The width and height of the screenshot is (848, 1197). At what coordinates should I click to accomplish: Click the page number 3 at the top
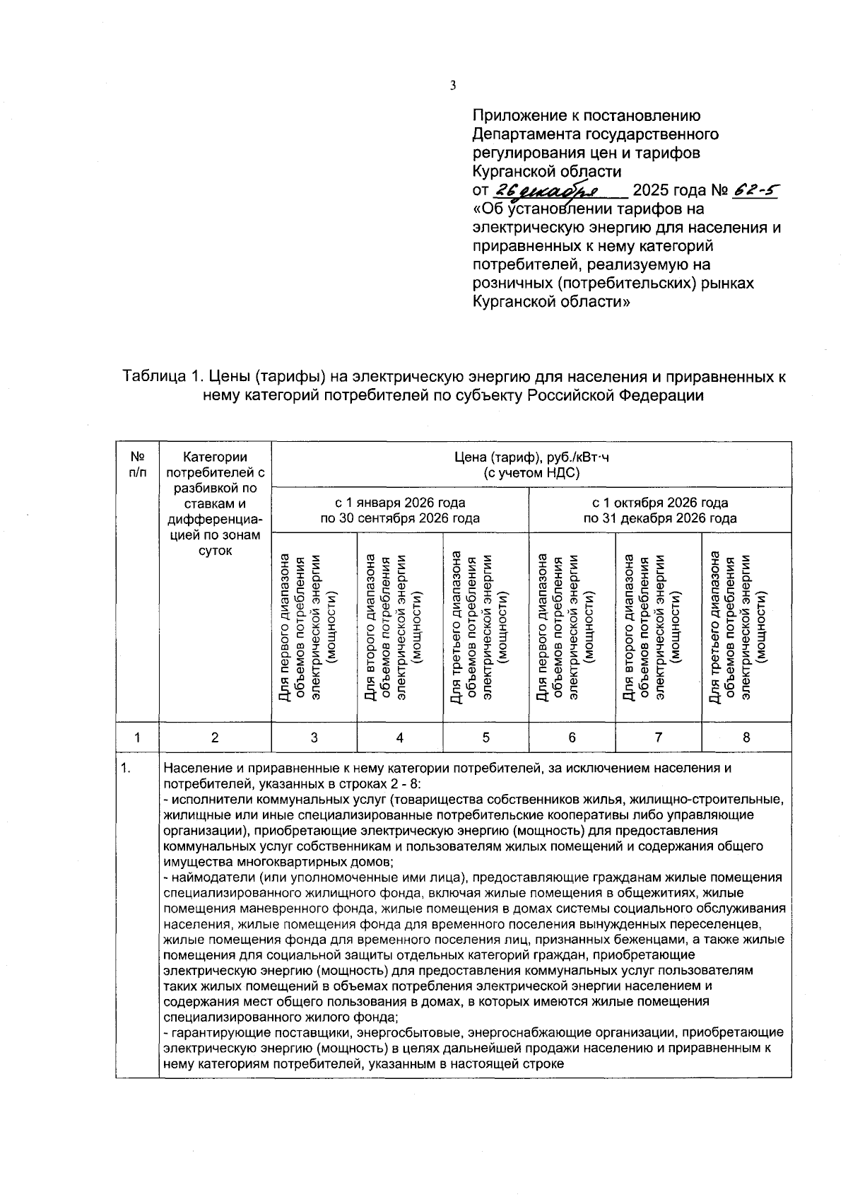pos(453,86)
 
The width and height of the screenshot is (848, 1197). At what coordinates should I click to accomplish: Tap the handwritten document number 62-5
pos(757,191)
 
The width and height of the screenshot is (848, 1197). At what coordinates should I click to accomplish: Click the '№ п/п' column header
pos(138,465)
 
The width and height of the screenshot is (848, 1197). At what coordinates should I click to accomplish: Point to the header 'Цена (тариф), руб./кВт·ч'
pos(531,457)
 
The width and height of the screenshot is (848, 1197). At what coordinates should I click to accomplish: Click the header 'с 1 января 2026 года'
pos(400,503)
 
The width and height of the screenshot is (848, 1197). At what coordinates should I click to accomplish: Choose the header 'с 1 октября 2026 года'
pos(659,503)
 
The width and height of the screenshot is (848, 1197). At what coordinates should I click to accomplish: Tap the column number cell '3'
pos(314,737)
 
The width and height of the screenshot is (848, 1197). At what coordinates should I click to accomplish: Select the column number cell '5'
pos(486,737)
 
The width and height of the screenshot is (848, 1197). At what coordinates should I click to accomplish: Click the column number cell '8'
pos(746,737)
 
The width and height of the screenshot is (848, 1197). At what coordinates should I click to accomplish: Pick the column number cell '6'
pos(572,737)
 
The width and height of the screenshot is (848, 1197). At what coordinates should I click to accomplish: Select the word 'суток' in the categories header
pos(215,550)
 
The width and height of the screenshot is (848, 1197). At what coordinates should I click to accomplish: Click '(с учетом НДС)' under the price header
pos(531,473)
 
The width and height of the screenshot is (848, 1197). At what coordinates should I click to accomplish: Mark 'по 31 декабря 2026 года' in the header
pos(659,518)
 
